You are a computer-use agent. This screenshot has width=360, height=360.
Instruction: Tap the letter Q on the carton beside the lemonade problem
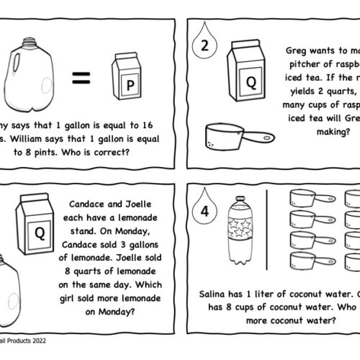coord(36,232)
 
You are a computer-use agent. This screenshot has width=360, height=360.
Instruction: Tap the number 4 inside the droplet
coord(203,212)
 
